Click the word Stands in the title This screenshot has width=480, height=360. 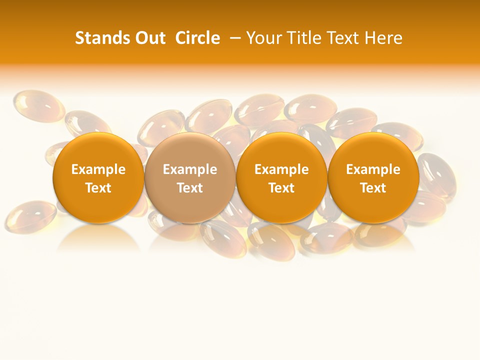[101, 38]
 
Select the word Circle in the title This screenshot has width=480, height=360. [197, 38]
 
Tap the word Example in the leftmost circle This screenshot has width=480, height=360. [98, 169]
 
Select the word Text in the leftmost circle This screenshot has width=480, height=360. [98, 188]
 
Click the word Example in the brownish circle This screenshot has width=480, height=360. [190, 169]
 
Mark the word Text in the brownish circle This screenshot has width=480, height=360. [190, 188]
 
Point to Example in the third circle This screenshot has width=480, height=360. [281, 169]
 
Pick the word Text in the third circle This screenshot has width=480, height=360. [281, 188]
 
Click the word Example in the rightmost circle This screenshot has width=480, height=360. [373, 169]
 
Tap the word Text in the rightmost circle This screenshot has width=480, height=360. [373, 188]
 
